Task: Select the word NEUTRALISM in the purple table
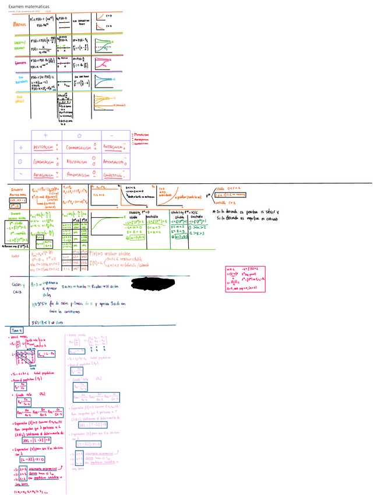point(76,161)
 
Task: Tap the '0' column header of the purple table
point(78,135)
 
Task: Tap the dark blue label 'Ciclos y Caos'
point(17,288)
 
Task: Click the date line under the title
point(23,11)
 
